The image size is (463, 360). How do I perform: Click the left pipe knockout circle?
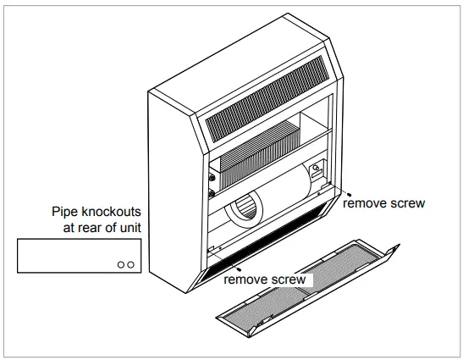(x=121, y=264)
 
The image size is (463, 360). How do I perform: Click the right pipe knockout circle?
(x=130, y=264)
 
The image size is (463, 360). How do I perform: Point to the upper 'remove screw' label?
(x=383, y=203)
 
